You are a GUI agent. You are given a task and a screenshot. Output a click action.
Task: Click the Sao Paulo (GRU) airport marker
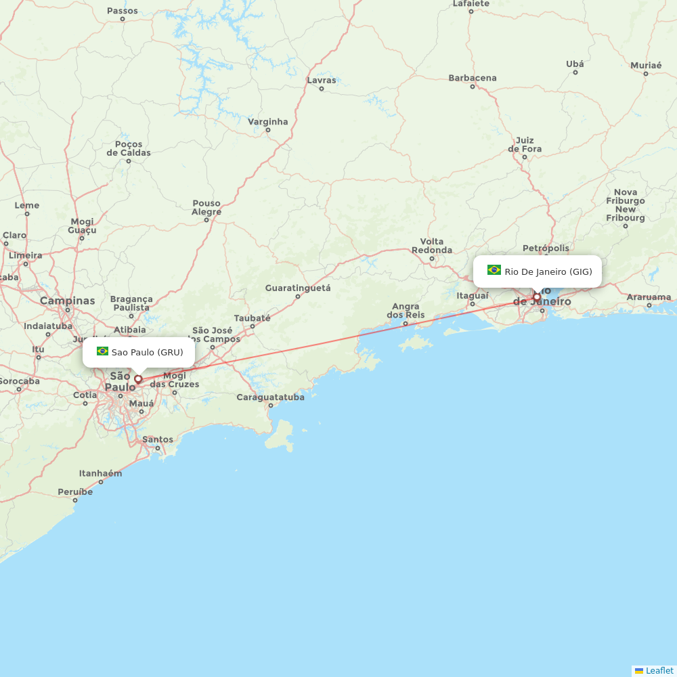138,379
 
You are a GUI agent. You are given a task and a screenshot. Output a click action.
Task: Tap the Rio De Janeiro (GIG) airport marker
537,297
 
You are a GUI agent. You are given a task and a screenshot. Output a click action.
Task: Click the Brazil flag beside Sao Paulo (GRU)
102,351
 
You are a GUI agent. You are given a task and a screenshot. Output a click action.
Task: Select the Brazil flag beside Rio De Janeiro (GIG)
494,270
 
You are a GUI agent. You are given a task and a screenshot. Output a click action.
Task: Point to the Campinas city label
67,300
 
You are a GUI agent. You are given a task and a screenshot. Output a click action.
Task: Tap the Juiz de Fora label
525,144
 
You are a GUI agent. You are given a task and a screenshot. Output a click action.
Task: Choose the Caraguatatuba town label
270,397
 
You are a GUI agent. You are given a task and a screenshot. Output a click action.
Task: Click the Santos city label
158,439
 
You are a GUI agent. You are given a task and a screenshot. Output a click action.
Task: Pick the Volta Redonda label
431,245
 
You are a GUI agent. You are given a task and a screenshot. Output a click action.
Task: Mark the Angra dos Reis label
406,311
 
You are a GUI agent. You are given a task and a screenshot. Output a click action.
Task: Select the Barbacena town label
473,78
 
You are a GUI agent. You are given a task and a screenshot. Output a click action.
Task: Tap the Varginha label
267,122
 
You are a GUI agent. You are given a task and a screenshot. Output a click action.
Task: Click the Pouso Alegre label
206,207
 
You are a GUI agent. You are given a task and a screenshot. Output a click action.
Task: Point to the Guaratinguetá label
297,288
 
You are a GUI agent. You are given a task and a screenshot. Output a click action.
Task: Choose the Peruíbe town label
74,492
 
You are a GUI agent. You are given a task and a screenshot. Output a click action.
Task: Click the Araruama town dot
649,305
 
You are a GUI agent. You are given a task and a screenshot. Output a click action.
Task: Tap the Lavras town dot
322,89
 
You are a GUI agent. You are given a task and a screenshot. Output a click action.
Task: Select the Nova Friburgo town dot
626,225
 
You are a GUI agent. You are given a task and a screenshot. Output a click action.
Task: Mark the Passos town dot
122,19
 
